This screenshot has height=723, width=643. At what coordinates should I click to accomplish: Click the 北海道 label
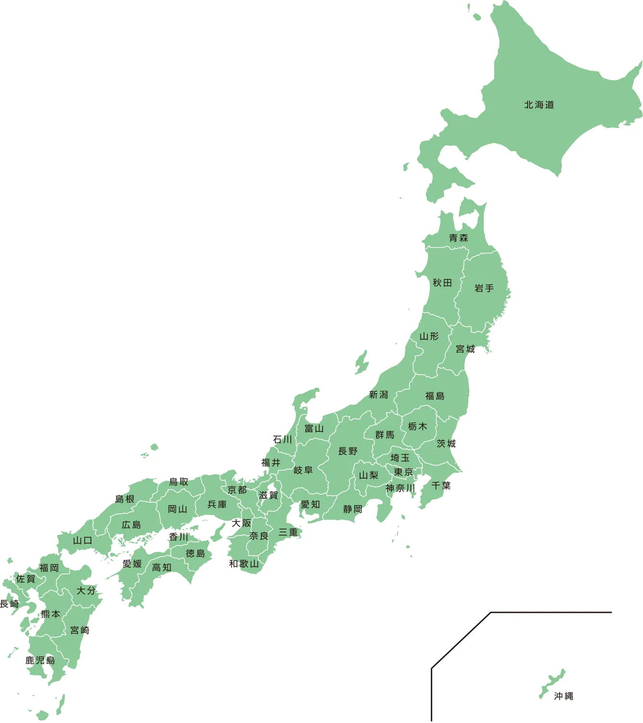pyautogui.click(x=539, y=105)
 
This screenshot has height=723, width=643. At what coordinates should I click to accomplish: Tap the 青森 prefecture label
pyautogui.click(x=458, y=238)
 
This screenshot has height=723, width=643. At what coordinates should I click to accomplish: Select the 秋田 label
pyautogui.click(x=442, y=283)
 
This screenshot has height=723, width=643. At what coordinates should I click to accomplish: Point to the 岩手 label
pyautogui.click(x=484, y=288)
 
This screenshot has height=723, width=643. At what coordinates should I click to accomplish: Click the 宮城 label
pyautogui.click(x=465, y=349)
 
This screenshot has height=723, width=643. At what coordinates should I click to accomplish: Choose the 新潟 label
pyautogui.click(x=378, y=395)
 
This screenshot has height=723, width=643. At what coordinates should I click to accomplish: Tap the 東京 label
pyautogui.click(x=403, y=472)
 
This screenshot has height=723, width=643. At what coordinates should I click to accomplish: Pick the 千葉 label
pyautogui.click(x=441, y=486)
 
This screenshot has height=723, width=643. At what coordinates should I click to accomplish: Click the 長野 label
pyautogui.click(x=347, y=451)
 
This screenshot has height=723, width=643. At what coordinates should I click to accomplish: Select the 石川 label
pyautogui.click(x=282, y=439)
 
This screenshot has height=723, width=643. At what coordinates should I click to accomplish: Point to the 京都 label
pyautogui.click(x=237, y=490)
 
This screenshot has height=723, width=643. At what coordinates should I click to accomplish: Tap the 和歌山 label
pyautogui.click(x=244, y=564)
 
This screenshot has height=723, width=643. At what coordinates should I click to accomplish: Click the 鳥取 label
pyautogui.click(x=179, y=482)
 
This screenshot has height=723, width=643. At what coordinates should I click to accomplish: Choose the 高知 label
pyautogui.click(x=161, y=568)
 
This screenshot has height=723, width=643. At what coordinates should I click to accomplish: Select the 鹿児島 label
pyautogui.click(x=40, y=660)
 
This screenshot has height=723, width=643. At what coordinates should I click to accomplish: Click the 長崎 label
pyautogui.click(x=9, y=604)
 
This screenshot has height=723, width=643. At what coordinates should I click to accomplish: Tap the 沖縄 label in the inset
pyautogui.click(x=563, y=696)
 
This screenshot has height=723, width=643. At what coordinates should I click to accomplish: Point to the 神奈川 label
pyautogui.click(x=400, y=488)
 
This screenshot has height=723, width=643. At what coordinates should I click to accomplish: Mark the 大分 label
pyautogui.click(x=86, y=590)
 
